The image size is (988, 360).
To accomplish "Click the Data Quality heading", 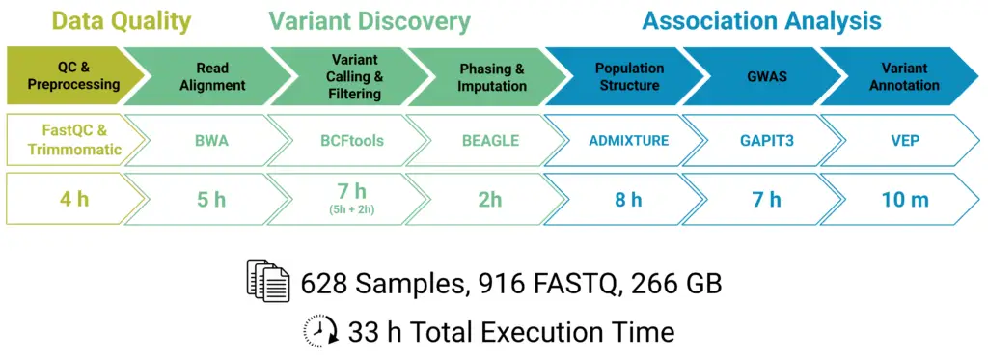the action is click(121, 22).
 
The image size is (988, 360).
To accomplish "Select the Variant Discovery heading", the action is click(370, 22).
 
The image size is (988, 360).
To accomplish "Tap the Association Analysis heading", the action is click(761, 22).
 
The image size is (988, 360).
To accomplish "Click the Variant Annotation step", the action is click(903, 75).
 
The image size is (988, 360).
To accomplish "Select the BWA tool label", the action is click(211, 141).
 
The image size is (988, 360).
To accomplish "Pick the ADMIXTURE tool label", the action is click(629, 141).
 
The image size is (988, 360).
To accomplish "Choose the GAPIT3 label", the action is click(767, 141).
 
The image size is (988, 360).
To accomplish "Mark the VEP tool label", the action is click(905, 141).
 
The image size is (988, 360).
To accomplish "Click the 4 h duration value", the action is click(74, 200).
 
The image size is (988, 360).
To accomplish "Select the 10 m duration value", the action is click(905, 200).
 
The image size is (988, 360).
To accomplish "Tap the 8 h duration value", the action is click(628, 200).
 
